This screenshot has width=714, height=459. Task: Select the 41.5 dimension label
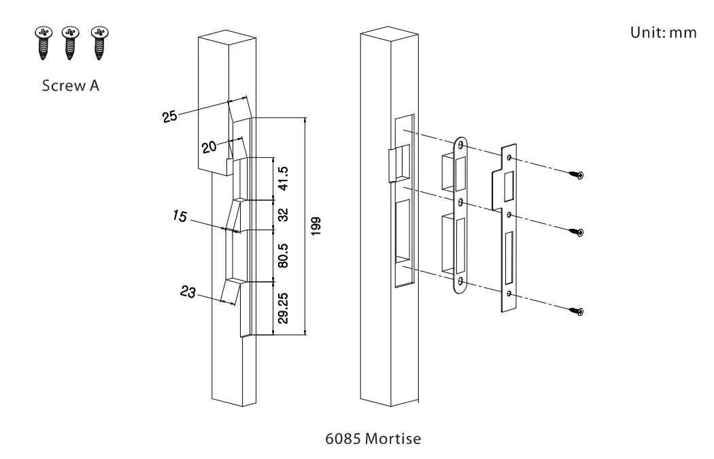click(284, 178)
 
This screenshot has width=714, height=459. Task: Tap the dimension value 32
click(284, 215)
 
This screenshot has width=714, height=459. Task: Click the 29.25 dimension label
click(284, 308)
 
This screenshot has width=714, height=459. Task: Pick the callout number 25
click(170, 115)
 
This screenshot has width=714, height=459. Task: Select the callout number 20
click(209, 146)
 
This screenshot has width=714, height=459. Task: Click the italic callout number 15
click(180, 217)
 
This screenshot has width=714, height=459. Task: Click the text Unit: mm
click(664, 33)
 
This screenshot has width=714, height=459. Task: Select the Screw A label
click(70, 86)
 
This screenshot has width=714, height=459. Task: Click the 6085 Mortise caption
click(373, 439)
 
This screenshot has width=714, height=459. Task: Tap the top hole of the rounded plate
click(462, 146)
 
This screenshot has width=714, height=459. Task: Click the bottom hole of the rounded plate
click(462, 281)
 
